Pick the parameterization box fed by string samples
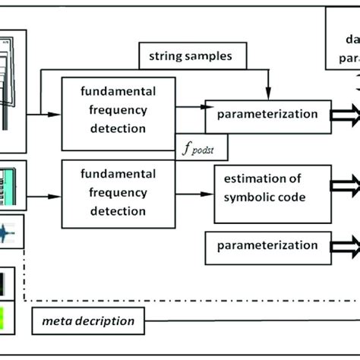click(x=267, y=115)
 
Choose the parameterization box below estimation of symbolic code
click(x=267, y=246)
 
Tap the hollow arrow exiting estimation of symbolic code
click(x=346, y=185)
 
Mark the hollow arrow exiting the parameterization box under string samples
click(x=346, y=115)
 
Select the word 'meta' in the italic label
click(x=55, y=321)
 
